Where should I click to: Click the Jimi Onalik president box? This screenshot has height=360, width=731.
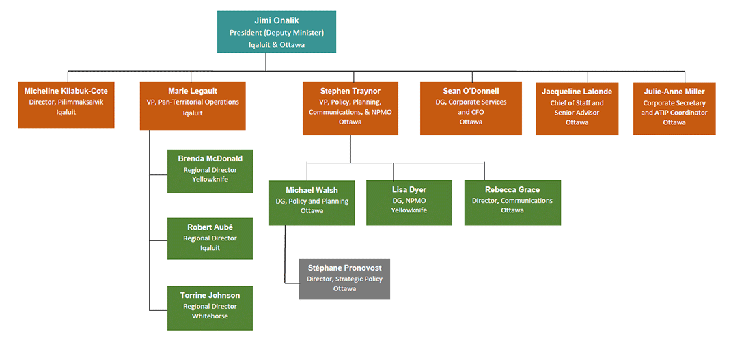pyautogui.click(x=276, y=31)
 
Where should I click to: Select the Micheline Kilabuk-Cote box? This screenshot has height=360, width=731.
pyautogui.click(x=66, y=105)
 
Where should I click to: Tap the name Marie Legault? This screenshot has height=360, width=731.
pyautogui.click(x=193, y=91)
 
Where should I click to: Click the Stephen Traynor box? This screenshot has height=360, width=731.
pyautogui.click(x=350, y=108)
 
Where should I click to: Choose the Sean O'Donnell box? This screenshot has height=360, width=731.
pyautogui.click(x=471, y=108)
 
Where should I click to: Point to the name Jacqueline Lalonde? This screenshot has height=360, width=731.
pyautogui.click(x=577, y=92)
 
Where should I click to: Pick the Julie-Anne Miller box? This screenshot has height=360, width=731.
pyautogui.click(x=674, y=108)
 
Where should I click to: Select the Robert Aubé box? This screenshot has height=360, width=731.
pyautogui.click(x=210, y=238)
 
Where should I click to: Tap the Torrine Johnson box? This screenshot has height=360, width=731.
pyautogui.click(x=210, y=307)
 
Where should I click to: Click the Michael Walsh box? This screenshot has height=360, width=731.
pyautogui.click(x=312, y=202)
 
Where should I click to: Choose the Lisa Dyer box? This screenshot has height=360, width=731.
pyautogui.click(x=409, y=202)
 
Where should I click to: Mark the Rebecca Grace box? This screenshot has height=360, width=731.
pyautogui.click(x=512, y=202)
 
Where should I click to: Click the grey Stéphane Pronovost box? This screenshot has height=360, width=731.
pyautogui.click(x=344, y=279)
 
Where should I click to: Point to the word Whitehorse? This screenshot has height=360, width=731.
pyautogui.click(x=210, y=316)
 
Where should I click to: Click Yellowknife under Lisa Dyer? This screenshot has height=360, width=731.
pyautogui.click(x=409, y=210)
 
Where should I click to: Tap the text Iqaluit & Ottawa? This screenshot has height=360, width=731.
pyautogui.click(x=276, y=44)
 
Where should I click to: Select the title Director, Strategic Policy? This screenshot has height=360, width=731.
pyautogui.click(x=344, y=279)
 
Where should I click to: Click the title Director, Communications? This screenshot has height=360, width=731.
pyautogui.click(x=512, y=201)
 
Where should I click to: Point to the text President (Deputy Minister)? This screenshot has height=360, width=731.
pyautogui.click(x=276, y=33)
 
